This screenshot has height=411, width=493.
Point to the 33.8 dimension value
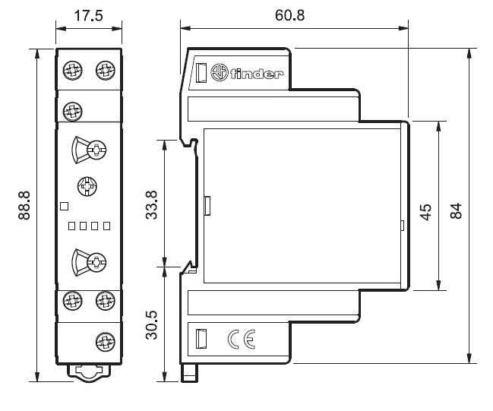click(x=150, y=204)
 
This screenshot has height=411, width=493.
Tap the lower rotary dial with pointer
click(x=88, y=263)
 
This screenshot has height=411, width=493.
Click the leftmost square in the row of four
click(x=71, y=226)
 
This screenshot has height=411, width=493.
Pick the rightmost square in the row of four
click(x=107, y=226)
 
